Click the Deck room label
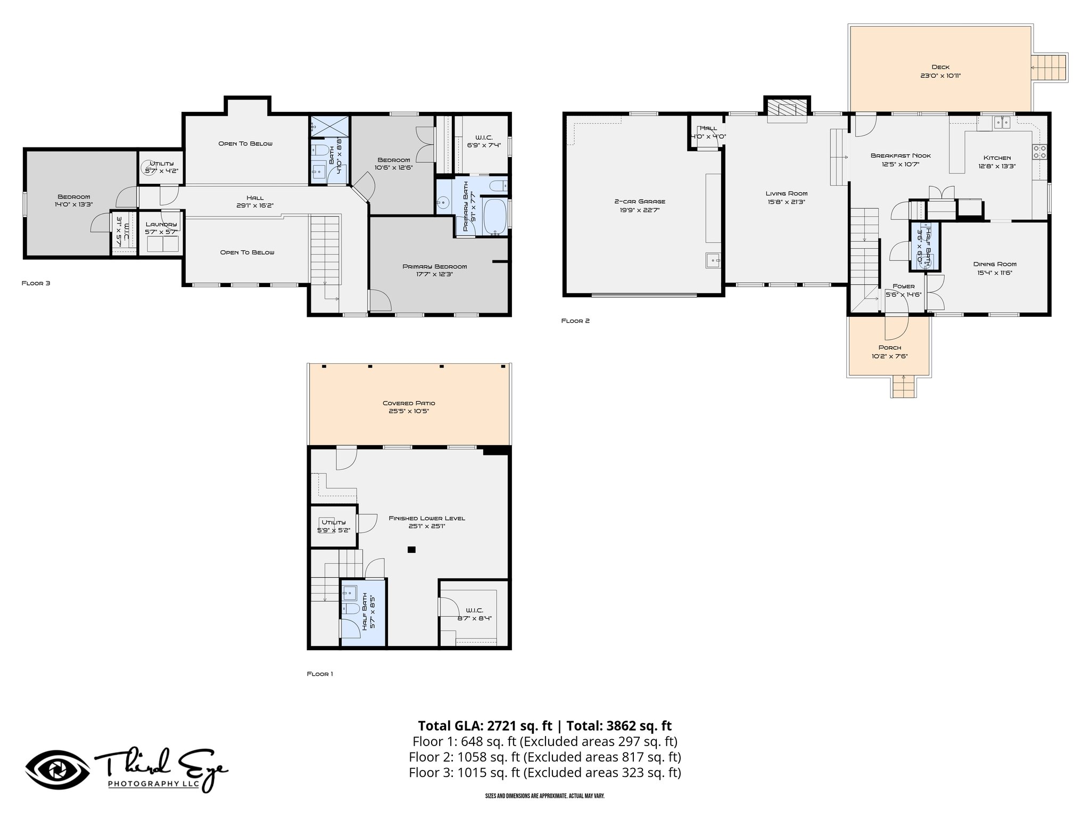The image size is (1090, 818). tap(940, 67)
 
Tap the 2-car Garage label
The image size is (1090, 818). tap(640, 201)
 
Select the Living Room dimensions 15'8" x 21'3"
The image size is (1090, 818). tap(787, 202)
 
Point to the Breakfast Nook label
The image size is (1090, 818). tap(901, 156)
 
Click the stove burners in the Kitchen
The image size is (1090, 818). tap(1039, 152)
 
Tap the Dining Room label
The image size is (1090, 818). tap(995, 264)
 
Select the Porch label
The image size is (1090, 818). tap(889, 348)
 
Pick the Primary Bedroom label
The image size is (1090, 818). tap(434, 267)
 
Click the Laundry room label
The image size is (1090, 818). tap(161, 224)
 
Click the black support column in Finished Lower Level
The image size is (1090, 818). tap(411, 550)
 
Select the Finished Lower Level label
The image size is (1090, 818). tap(427, 518)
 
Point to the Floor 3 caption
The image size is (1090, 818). tap(36, 283)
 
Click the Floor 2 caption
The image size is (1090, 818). tap(575, 321)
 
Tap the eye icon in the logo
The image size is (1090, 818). tap(57, 771)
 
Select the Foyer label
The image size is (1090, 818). tap(904, 287)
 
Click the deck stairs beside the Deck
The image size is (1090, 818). tap(1050, 68)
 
